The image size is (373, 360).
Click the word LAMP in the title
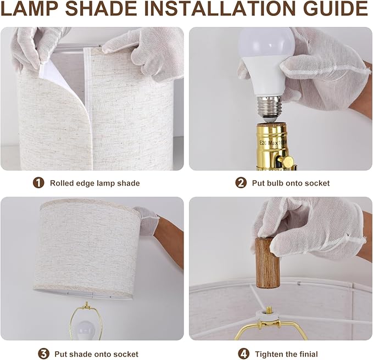pyautogui.click(x=29, y=9)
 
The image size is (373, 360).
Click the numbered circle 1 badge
pyautogui.click(x=38, y=183)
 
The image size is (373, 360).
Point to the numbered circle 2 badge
pyautogui.click(x=241, y=183)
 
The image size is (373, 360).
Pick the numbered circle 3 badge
pyautogui.click(x=43, y=354)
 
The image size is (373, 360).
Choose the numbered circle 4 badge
pyautogui.click(x=243, y=354)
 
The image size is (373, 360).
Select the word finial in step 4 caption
pyautogui.click(x=309, y=354)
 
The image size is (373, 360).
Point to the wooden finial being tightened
pyautogui.click(x=268, y=262)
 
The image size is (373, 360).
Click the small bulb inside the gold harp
pyautogui.click(x=85, y=330)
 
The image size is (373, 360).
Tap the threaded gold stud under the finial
pyautogui.click(x=269, y=310)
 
